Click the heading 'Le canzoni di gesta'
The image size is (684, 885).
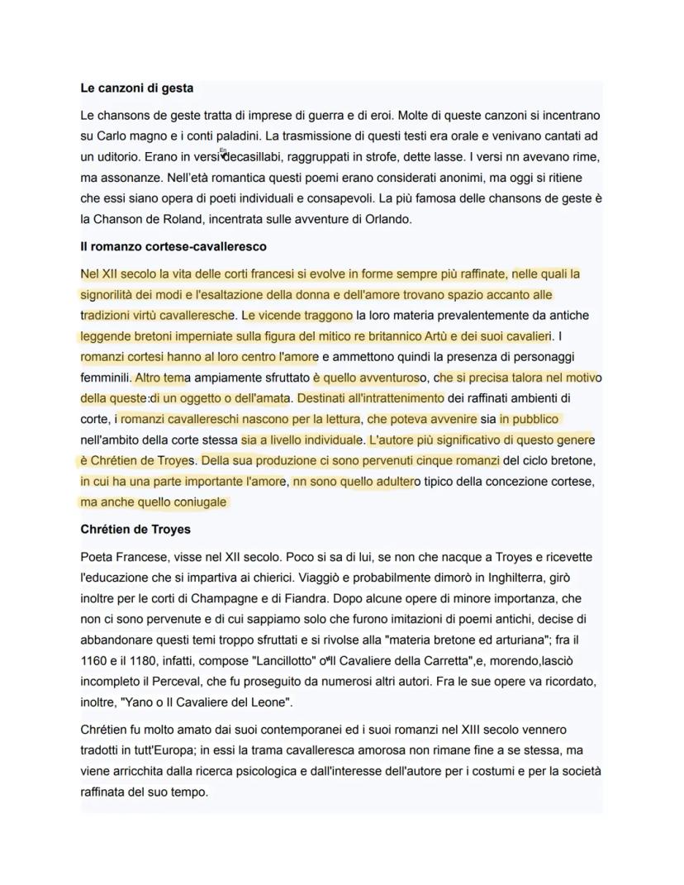[x=136, y=88]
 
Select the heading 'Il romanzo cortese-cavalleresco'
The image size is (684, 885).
[x=173, y=246]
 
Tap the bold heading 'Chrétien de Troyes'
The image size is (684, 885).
[x=135, y=529]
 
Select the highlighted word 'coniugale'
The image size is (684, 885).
[x=198, y=502]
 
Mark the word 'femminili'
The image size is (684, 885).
[x=106, y=378]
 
